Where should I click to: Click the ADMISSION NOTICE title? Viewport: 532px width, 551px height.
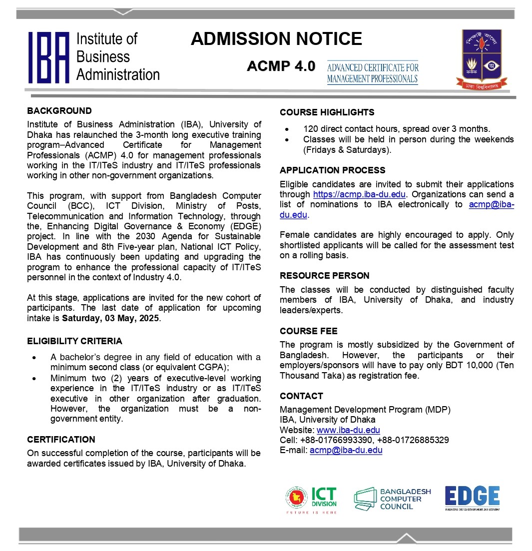click(x=276, y=39)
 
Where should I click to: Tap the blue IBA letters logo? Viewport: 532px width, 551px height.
click(x=48, y=57)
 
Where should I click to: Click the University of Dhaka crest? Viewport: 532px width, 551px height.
click(x=481, y=58)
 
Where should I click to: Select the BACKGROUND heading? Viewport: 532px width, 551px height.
click(x=59, y=111)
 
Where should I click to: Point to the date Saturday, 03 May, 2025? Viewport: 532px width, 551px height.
click(x=110, y=318)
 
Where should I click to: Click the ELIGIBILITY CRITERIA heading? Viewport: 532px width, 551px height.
click(x=74, y=341)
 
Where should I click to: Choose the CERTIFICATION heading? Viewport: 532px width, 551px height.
click(x=61, y=440)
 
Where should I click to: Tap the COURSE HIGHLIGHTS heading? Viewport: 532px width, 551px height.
click(x=327, y=112)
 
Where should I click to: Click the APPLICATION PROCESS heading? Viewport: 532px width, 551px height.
click(x=332, y=170)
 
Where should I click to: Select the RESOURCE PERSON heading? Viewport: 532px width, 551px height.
click(x=325, y=276)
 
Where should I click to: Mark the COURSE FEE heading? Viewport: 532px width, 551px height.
click(x=308, y=331)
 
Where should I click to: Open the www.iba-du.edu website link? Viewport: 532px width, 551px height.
click(x=348, y=430)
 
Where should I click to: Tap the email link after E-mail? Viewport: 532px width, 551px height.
click(x=346, y=450)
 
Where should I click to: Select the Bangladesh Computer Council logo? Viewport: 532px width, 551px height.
click(x=392, y=499)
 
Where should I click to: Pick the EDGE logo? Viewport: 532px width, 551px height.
click(x=472, y=498)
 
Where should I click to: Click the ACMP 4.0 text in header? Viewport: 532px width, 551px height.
click(x=281, y=66)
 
